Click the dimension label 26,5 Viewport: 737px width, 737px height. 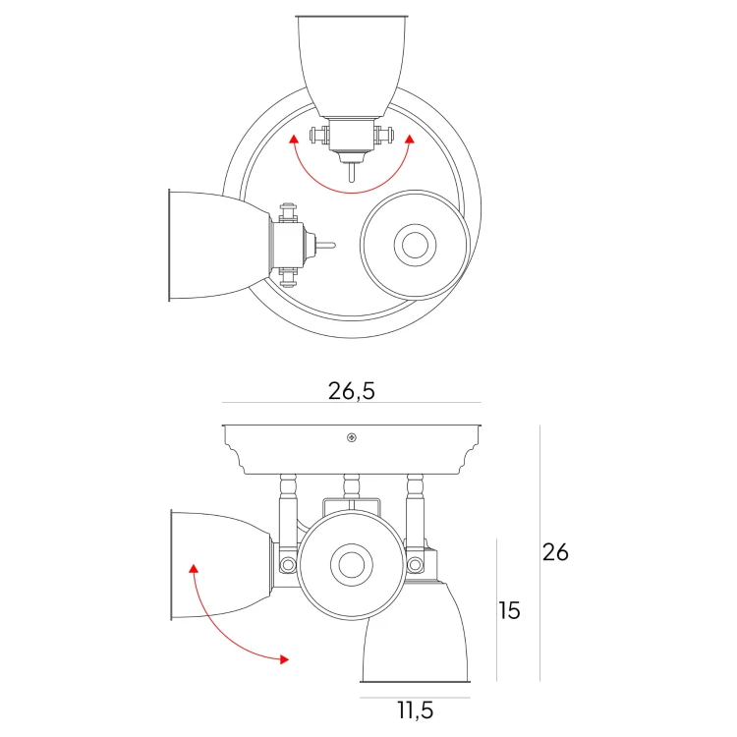point(352,390)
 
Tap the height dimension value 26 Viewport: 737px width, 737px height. point(555,552)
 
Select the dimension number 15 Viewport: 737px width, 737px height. point(509,610)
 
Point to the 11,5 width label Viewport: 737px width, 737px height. point(414,709)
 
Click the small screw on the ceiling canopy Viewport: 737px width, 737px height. point(351,437)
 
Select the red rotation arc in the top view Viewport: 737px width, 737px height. point(351,188)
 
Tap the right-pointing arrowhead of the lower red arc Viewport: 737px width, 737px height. point(284,658)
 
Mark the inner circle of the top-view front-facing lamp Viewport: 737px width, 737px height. point(414,245)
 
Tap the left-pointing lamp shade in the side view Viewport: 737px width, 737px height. point(218,565)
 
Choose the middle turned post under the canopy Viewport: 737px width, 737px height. point(351,485)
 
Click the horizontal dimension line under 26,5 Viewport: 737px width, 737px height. point(352,404)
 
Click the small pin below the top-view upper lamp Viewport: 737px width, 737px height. point(351,172)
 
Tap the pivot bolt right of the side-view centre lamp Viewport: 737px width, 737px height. point(415,565)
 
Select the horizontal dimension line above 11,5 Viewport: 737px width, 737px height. point(414,697)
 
